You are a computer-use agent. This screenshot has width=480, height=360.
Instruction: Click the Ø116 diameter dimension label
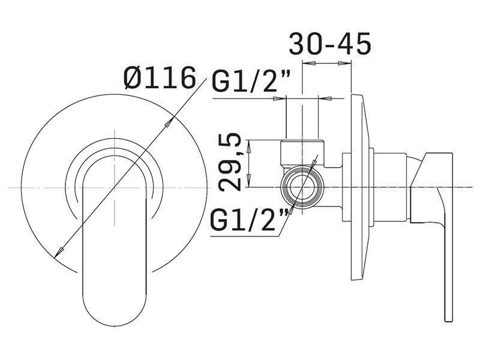click(160, 78)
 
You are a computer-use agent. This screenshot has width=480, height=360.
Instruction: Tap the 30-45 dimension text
click(330, 44)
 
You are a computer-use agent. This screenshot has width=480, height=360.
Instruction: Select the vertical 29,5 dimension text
click(230, 162)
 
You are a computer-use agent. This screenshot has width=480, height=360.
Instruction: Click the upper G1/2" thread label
click(251, 81)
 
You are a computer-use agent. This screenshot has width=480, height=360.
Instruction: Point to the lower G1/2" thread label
click(250, 220)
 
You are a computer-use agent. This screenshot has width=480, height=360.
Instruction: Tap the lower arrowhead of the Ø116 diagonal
click(59, 252)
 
